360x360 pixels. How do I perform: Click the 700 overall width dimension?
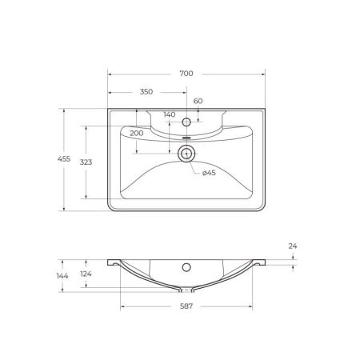(186, 74)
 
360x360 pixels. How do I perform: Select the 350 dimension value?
(146, 92)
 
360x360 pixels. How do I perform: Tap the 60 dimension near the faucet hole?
(198, 101)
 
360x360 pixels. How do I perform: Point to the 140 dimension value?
(169, 114)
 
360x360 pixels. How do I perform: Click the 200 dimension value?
(136, 132)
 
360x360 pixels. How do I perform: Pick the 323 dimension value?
(87, 162)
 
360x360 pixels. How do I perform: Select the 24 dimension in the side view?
(292, 247)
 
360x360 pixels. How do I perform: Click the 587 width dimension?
(186, 306)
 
